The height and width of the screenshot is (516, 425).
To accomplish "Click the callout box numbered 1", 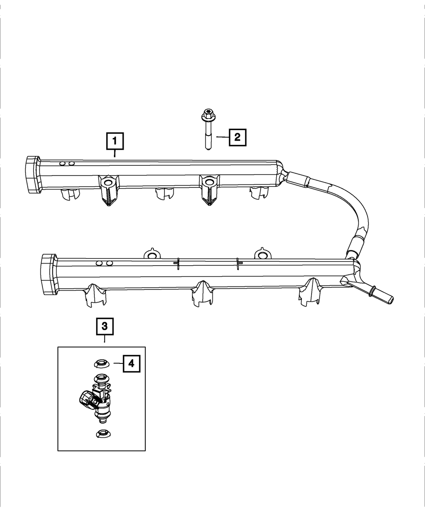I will click(115, 142).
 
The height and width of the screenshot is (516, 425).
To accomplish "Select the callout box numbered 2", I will click(238, 137).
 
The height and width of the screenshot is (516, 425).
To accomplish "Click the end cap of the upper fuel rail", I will click(31, 175).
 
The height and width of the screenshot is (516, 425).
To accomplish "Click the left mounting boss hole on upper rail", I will click(108, 183).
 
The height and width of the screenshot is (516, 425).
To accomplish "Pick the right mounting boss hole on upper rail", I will click(208, 182).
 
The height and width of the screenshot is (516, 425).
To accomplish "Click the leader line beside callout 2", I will click(222, 137).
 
